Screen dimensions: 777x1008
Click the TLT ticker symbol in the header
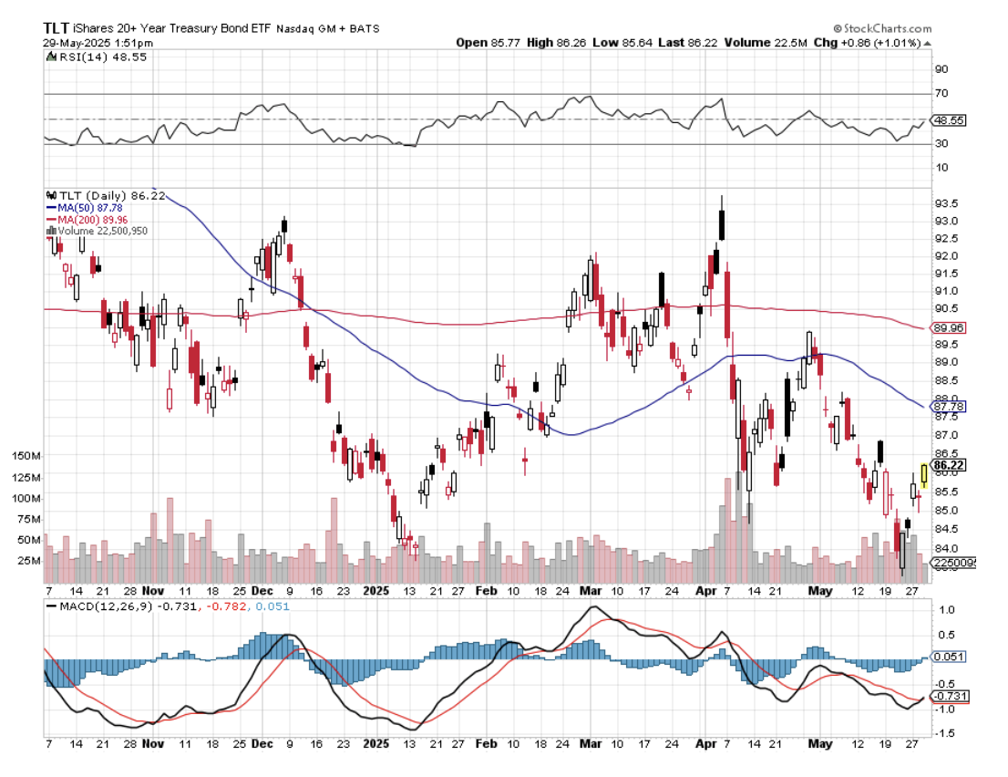[58, 28]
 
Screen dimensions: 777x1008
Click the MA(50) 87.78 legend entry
[89, 207]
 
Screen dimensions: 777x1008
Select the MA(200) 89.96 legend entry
[92, 219]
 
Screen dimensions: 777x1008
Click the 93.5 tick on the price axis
[944, 203]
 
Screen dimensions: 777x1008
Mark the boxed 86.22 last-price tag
[949, 465]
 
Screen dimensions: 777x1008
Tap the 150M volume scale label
[26, 455]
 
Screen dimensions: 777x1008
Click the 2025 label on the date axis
[375, 591]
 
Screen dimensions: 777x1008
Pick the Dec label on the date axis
[262, 591]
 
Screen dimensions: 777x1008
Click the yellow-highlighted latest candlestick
[924, 474]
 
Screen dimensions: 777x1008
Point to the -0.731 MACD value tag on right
[949, 696]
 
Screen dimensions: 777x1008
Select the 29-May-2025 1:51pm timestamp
[87, 42]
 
